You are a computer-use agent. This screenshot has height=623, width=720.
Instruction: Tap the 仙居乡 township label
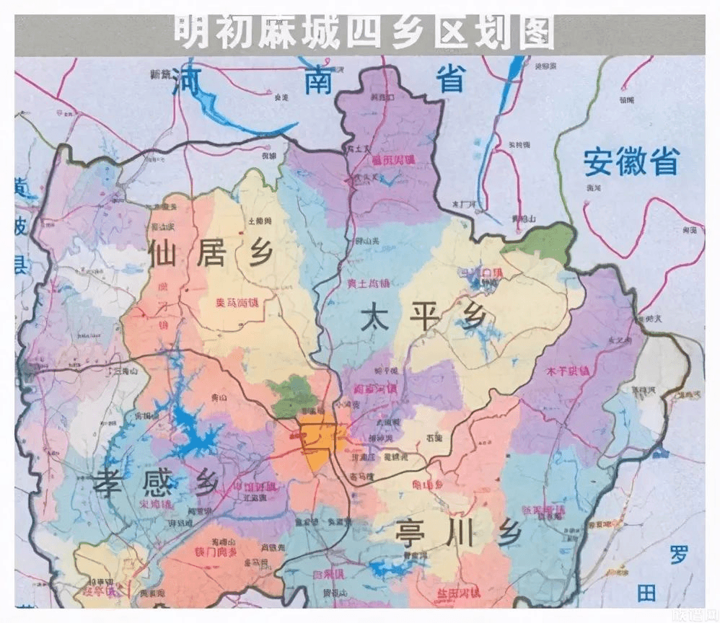[209, 252]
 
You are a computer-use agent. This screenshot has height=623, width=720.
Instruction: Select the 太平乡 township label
[421, 317]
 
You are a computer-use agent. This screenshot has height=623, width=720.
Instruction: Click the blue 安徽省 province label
[631, 162]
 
